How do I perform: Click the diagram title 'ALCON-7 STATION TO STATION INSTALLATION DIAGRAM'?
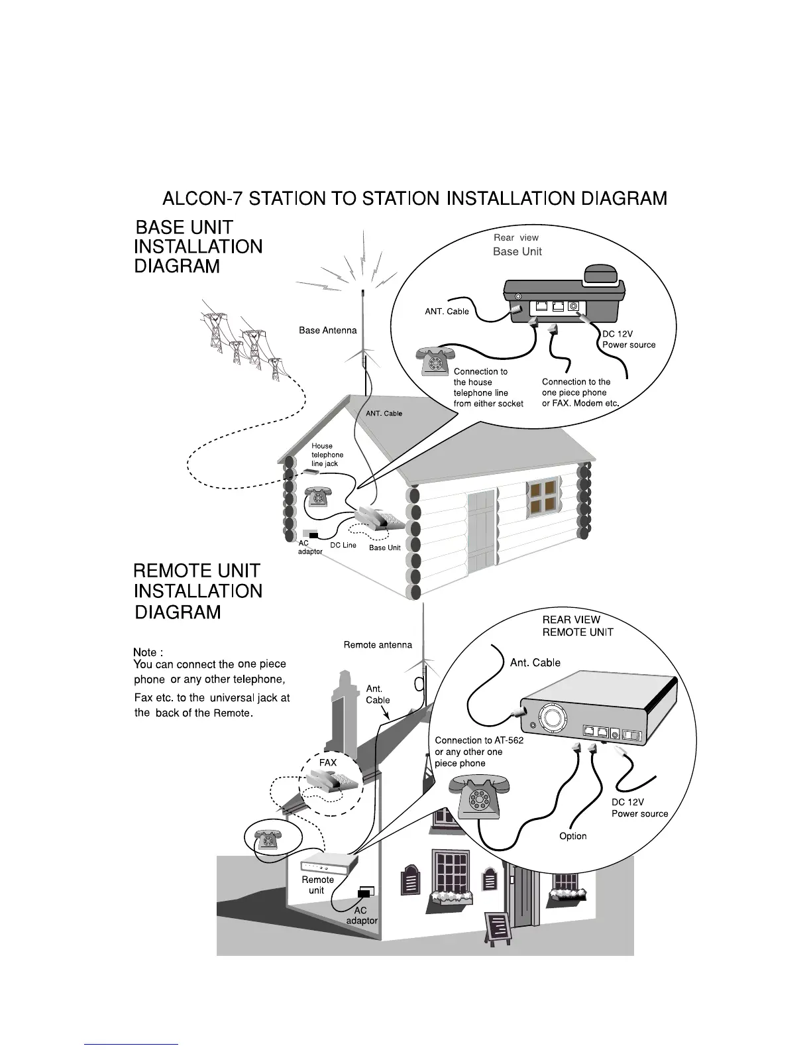pyautogui.click(x=415, y=198)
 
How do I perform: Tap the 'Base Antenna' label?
pyautogui.click(x=327, y=330)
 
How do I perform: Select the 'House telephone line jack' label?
pyautogui.click(x=327, y=455)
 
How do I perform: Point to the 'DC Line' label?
pyautogui.click(x=343, y=545)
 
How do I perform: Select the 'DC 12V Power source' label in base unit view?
pyautogui.click(x=628, y=339)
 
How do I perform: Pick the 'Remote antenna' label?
pyautogui.click(x=378, y=644)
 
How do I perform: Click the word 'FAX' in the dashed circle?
pyautogui.click(x=328, y=762)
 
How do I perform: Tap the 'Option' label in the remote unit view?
pyautogui.click(x=573, y=836)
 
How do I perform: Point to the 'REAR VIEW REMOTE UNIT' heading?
pyautogui.click(x=578, y=626)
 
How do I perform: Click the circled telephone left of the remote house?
pyautogui.click(x=268, y=838)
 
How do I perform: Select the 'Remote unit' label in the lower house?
pyautogui.click(x=317, y=885)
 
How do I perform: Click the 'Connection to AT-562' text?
pyautogui.click(x=479, y=740)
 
